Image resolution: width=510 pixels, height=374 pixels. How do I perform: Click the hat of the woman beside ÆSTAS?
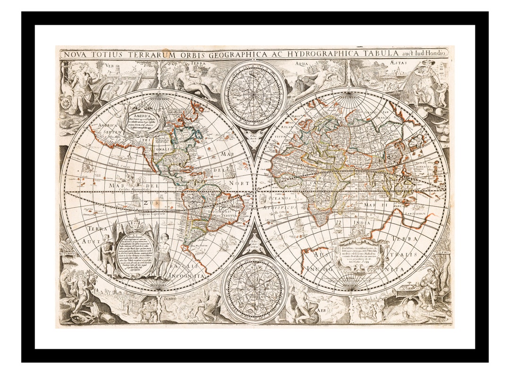[x=428, y=62]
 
